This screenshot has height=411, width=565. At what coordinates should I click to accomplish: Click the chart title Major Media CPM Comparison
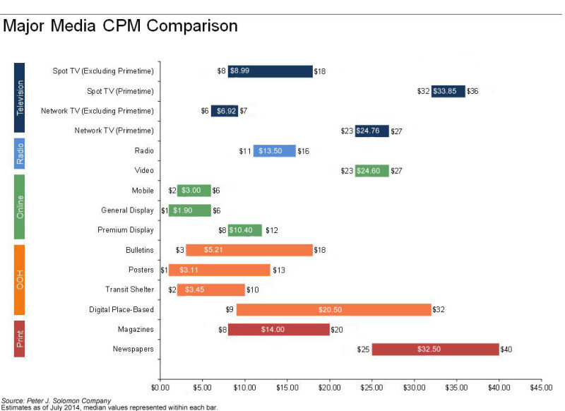[120, 27]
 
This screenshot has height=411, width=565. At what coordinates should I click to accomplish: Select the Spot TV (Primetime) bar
[448, 90]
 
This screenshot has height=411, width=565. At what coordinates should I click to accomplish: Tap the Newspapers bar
[435, 349]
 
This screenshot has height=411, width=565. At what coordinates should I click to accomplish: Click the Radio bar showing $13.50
[274, 150]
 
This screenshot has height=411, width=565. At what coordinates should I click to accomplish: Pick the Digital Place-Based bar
[333, 309]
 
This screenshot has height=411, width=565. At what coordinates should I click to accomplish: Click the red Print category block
[20, 338]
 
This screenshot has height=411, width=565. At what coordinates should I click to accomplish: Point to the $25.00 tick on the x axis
[371, 387]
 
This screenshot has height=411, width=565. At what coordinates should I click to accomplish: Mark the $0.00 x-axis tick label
[160, 387]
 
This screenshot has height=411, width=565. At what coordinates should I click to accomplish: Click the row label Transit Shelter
[129, 290]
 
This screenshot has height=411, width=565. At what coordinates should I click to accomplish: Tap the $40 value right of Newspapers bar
[507, 350]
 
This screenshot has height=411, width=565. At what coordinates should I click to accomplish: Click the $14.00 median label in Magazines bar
[278, 329]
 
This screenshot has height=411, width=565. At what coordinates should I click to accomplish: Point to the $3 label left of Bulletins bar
[180, 250]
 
